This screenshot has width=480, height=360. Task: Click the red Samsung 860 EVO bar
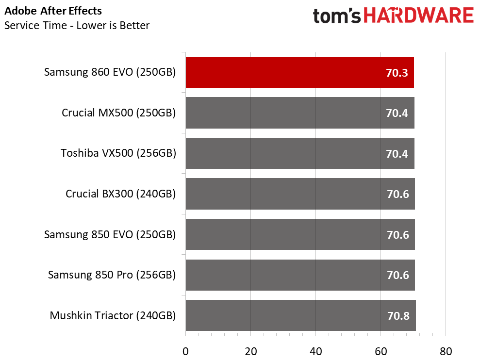299,72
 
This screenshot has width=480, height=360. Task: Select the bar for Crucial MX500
300,113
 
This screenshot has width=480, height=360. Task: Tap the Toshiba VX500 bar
300,153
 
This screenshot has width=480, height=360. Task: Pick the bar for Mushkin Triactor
300,315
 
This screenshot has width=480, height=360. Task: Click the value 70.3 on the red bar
397,73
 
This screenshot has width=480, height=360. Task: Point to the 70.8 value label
398,316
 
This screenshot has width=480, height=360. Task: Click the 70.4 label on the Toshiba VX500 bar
397,154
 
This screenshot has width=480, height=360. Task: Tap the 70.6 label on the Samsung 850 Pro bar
397,275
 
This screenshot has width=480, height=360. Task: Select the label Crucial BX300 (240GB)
121,194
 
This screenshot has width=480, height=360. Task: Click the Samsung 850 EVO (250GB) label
110,234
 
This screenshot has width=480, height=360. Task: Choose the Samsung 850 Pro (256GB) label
112,275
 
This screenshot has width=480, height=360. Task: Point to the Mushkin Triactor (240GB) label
113,316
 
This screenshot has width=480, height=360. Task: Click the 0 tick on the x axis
185,351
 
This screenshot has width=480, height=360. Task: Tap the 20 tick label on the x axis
251,351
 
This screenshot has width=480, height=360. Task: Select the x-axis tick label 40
315,351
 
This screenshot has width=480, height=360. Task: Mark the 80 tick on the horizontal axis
446,351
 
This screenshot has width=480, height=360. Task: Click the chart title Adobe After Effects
53,11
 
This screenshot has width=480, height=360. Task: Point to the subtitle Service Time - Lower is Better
77,25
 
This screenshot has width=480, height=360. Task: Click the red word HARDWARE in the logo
419,16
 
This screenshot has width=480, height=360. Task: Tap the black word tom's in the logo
337,16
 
